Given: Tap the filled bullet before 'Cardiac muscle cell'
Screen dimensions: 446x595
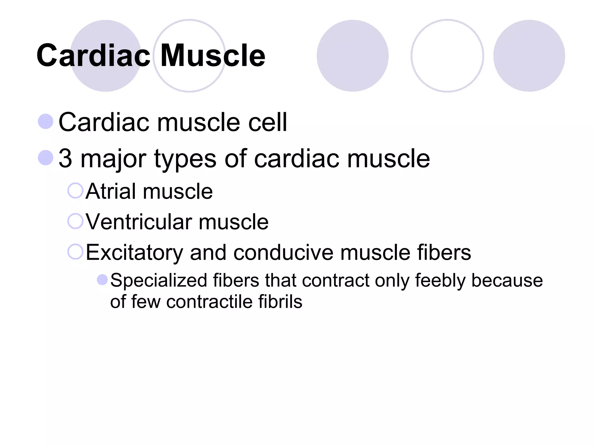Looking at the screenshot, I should (46, 121).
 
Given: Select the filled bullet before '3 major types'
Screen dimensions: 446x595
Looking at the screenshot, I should (46, 158).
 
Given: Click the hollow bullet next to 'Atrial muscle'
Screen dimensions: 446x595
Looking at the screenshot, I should (75, 190).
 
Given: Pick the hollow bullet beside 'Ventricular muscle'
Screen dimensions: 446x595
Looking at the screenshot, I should (75, 221).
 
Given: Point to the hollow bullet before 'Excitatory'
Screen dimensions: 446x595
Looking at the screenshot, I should (75, 251).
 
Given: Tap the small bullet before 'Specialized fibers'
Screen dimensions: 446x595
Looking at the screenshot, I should (102, 280).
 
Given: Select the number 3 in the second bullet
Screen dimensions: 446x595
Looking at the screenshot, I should (65, 158).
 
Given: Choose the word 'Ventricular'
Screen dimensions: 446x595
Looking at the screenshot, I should (139, 222).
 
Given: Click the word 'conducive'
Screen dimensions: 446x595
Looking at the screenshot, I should (283, 252).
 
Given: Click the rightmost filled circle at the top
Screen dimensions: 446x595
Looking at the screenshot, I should (529, 56).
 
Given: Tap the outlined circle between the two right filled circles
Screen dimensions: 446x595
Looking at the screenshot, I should (447, 56).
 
